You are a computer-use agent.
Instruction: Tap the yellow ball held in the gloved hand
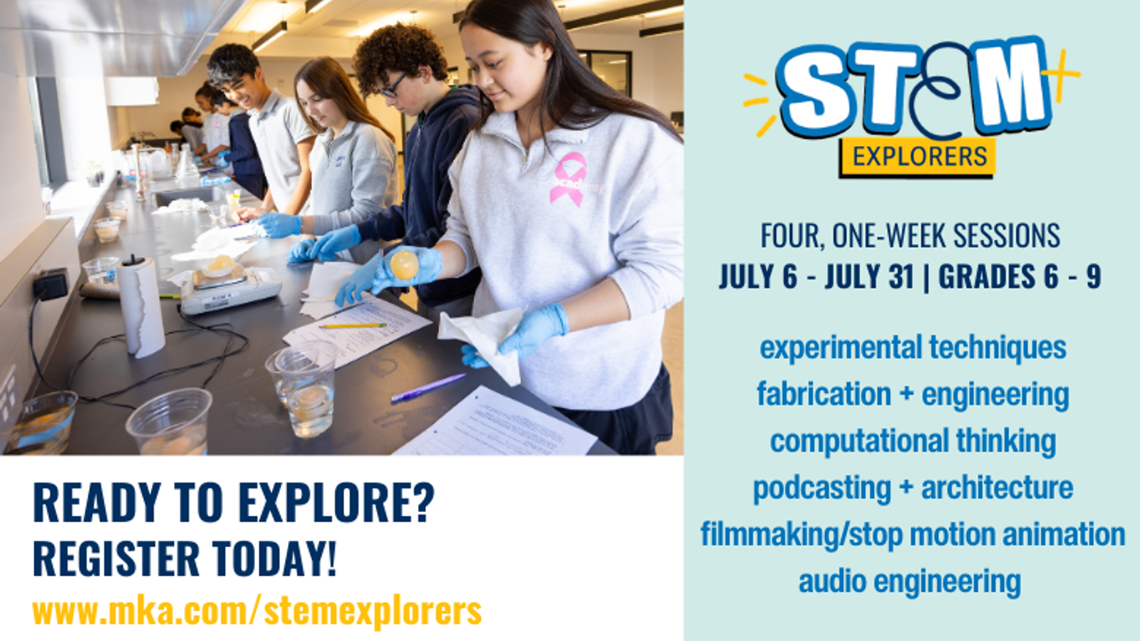point(404,265)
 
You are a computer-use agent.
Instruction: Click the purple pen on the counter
point(428,388)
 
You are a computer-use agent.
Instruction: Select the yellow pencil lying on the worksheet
point(352,325)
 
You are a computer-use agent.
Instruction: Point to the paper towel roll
point(141,306)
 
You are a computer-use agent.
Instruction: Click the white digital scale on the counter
point(231,289)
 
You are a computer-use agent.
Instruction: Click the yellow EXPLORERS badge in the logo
point(918,157)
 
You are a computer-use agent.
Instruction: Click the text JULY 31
point(869,277)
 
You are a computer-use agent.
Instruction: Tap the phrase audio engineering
point(910,581)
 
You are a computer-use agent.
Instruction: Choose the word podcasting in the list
point(822,488)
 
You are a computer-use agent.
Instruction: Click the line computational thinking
point(913,441)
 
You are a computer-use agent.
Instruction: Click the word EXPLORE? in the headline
point(336,503)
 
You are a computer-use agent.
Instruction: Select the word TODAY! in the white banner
point(274,558)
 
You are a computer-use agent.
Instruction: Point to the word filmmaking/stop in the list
point(802,535)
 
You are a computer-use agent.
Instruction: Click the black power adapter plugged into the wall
point(51,284)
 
